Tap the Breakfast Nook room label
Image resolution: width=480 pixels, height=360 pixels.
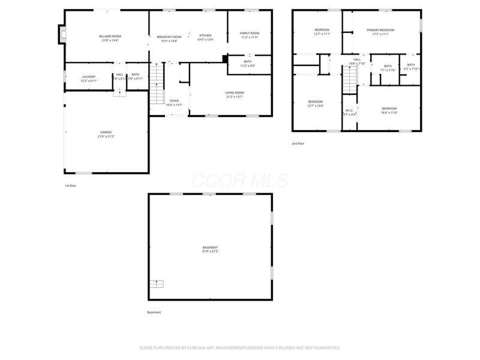tap(169, 37)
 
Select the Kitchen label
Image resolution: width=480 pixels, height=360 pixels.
tap(205, 35)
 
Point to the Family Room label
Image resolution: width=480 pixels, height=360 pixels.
tap(249, 33)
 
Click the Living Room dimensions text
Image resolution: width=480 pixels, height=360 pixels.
tap(235, 97)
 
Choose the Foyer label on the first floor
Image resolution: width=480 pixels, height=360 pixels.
tap(174, 101)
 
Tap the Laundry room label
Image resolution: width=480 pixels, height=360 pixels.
tap(89, 76)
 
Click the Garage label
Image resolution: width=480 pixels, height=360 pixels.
tap(106, 132)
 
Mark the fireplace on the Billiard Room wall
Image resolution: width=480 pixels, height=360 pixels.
tap(61, 35)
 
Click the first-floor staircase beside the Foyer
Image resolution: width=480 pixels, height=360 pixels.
tap(156, 84)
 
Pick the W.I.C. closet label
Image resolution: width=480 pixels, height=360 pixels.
tap(349, 110)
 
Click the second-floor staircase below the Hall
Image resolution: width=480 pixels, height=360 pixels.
tap(350, 79)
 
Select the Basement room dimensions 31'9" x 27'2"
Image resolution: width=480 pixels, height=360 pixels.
tap(210, 251)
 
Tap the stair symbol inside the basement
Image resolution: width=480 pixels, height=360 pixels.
tap(156, 283)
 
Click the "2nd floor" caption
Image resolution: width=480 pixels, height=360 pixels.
tap(298, 144)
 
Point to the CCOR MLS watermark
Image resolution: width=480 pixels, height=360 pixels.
tap(240, 180)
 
